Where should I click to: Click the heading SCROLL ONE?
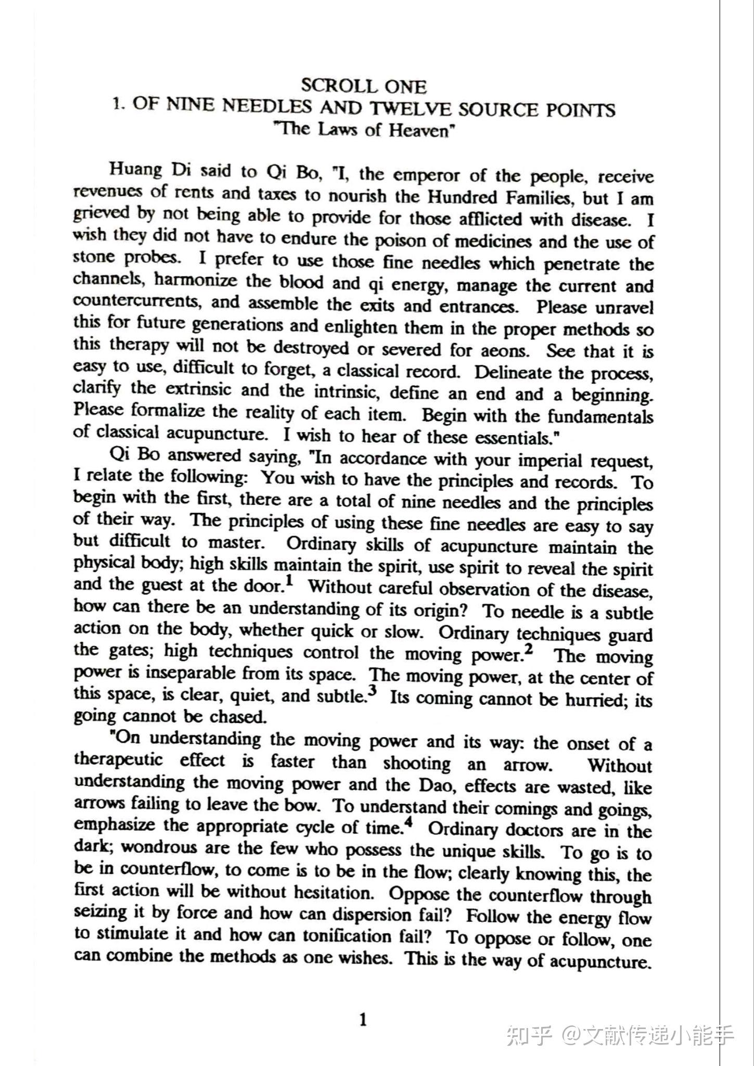click(364, 86)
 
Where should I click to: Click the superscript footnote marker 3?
click(372, 691)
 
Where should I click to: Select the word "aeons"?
click(504, 350)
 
